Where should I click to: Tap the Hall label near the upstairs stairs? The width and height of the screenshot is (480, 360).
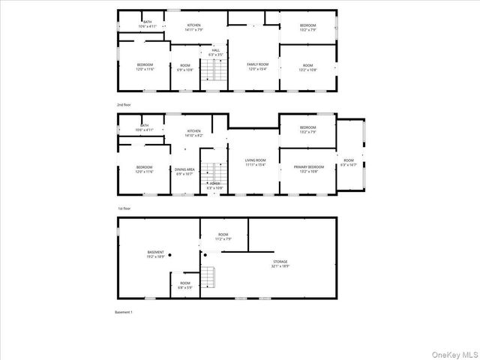(215, 52)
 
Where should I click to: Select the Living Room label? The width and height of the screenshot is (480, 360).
(256, 162)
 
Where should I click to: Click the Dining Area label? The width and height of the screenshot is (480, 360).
(185, 172)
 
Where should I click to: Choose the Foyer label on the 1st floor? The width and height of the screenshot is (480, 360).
(214, 185)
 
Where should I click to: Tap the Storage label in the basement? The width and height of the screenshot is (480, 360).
(279, 263)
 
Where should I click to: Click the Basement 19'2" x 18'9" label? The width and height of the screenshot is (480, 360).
(155, 254)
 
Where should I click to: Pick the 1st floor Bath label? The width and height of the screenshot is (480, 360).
(144, 127)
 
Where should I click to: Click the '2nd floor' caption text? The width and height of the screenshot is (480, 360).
(124, 104)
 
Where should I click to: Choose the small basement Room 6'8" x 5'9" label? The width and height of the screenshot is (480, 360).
(184, 284)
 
